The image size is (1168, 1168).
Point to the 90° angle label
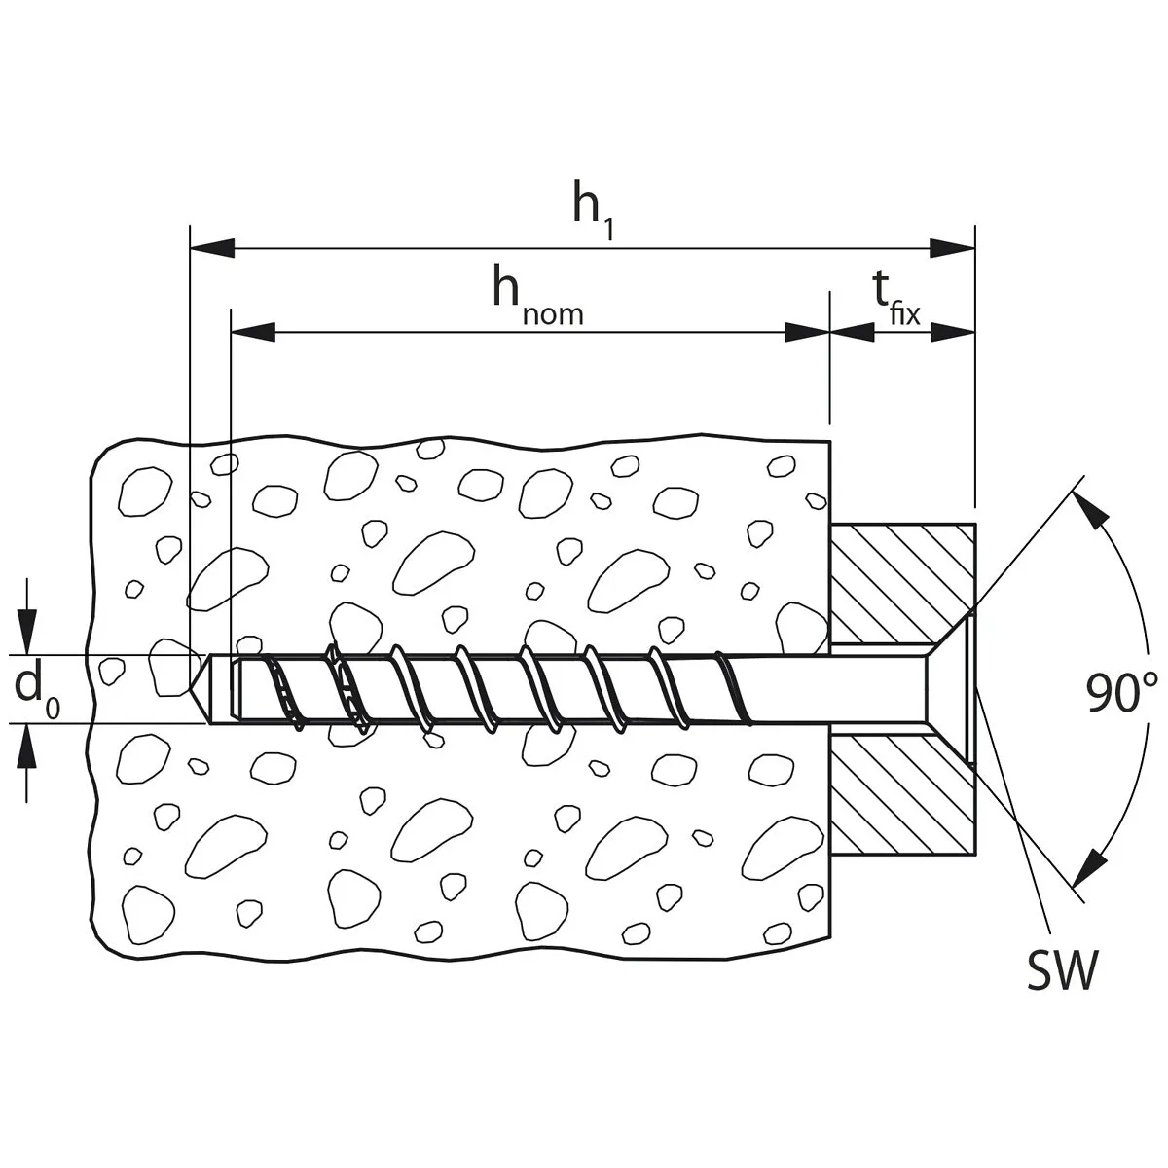click(x=1122, y=693)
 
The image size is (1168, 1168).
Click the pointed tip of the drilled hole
click(x=196, y=688)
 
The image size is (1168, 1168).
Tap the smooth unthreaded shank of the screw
click(x=827, y=688)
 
